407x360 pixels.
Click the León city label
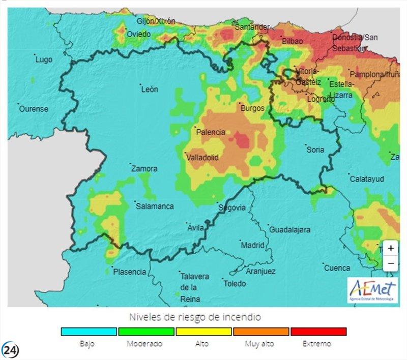click(150, 89)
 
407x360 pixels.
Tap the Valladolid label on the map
click(202, 158)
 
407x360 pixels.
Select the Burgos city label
click(252, 108)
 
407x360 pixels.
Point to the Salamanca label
click(155, 206)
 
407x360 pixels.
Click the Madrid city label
click(252, 245)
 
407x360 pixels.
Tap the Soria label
click(315, 149)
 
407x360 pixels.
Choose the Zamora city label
click(144, 168)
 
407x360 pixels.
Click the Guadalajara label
click(289, 230)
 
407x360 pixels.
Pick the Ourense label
click(34, 109)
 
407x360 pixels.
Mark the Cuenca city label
click(337, 268)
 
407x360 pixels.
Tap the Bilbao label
click(292, 41)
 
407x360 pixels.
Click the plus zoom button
click(391, 248)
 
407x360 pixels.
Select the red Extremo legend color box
click(318, 332)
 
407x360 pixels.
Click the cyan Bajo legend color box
click(89, 332)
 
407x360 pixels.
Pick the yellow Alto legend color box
click(203, 332)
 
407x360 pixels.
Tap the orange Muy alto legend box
click(261, 332)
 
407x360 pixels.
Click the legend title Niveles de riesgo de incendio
click(195, 317)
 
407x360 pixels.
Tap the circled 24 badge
click(11, 350)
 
